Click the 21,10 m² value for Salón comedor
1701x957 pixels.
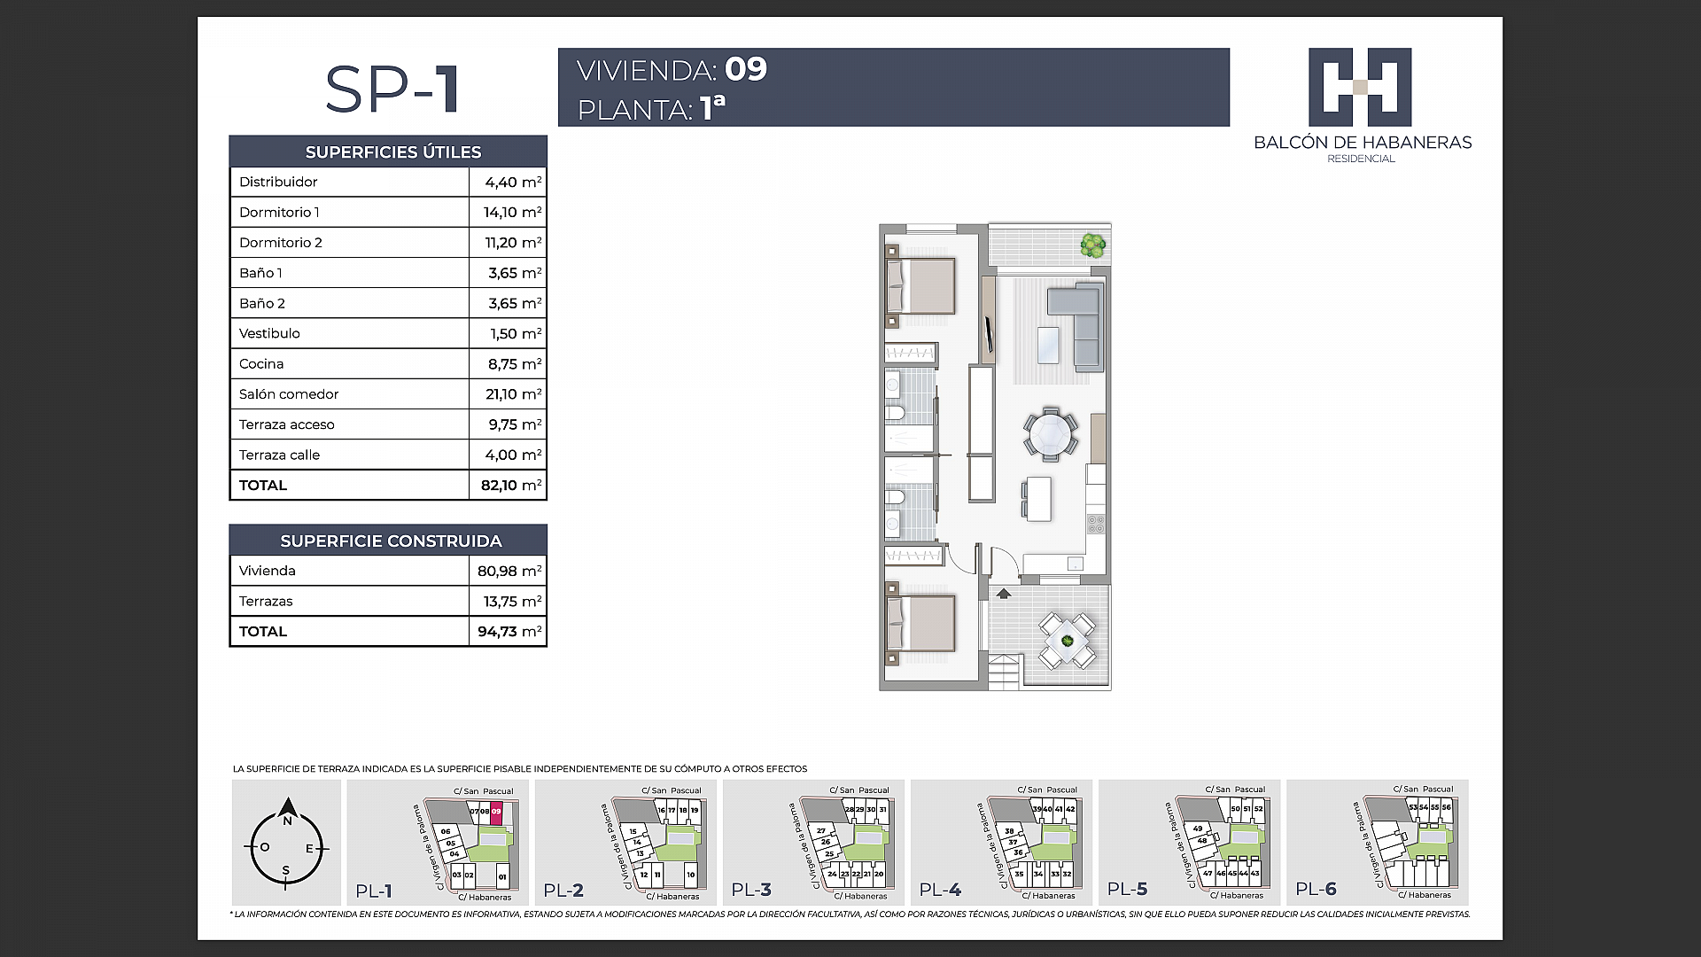click(x=513, y=394)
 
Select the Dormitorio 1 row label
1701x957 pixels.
click(x=279, y=213)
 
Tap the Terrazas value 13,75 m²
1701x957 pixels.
click(x=509, y=602)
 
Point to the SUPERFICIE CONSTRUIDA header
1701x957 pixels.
click(x=391, y=541)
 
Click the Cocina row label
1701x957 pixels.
click(x=261, y=364)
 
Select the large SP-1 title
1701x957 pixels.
click(x=392, y=89)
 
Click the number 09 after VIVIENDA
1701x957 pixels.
click(x=746, y=69)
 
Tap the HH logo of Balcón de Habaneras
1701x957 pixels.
click(x=1360, y=87)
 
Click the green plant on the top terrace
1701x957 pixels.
click(x=1093, y=244)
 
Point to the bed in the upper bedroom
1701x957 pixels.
click(x=921, y=286)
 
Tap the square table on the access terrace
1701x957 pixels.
click(x=1068, y=641)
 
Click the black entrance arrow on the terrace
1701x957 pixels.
click(x=1004, y=594)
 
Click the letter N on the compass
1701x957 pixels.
click(x=287, y=821)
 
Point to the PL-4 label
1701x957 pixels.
click(x=940, y=890)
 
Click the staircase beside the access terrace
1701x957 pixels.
click(x=1005, y=671)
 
